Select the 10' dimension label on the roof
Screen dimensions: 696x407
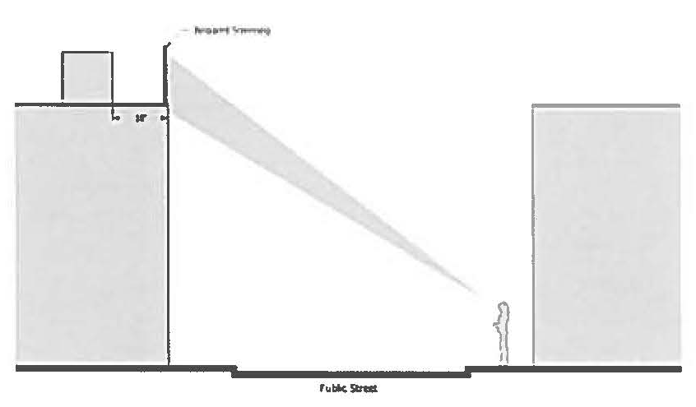(x=140, y=118)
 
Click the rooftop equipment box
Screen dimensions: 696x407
(x=87, y=76)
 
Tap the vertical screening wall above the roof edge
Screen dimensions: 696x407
(x=168, y=78)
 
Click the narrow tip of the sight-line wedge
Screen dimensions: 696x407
(x=478, y=289)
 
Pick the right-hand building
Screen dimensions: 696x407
(x=606, y=234)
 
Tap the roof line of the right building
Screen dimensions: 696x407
(x=606, y=106)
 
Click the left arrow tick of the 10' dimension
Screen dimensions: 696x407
(x=116, y=118)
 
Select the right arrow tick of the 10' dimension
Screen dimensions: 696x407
(x=164, y=118)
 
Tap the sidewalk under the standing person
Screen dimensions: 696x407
(x=503, y=368)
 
